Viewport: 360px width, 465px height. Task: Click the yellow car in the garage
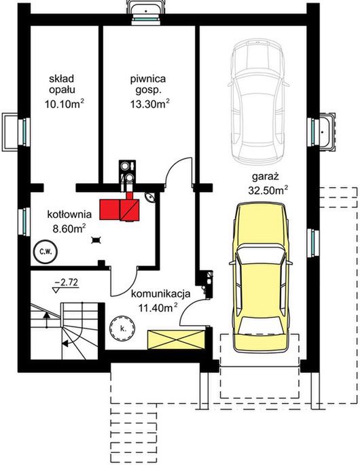click(261, 277)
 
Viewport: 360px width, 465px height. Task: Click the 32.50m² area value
click(268, 190)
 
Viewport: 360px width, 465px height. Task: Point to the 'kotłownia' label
click(69, 215)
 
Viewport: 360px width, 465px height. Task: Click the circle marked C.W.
click(46, 252)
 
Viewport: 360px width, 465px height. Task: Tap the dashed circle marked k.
click(122, 328)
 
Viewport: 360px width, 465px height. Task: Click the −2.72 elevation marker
click(66, 284)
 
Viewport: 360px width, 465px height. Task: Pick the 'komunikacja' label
click(160, 294)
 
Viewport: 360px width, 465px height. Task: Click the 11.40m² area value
click(158, 308)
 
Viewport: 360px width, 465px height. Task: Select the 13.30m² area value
click(150, 103)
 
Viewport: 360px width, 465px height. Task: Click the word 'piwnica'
click(148, 79)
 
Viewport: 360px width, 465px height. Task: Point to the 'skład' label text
click(62, 79)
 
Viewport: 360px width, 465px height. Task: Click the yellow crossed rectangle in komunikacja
click(177, 339)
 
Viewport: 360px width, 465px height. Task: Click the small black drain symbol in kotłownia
click(96, 240)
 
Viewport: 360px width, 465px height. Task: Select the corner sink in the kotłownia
click(150, 197)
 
